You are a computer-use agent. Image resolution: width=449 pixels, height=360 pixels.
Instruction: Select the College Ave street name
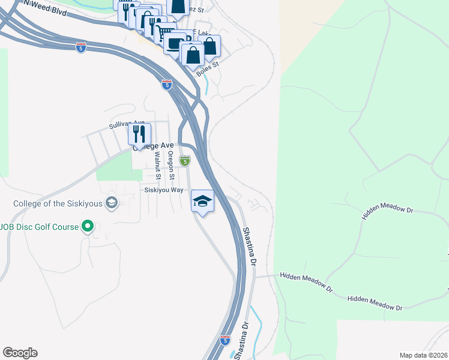click(154, 146)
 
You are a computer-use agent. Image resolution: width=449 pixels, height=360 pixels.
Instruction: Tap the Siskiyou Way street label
click(164, 190)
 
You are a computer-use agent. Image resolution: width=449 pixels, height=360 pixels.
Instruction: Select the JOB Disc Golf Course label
click(40, 227)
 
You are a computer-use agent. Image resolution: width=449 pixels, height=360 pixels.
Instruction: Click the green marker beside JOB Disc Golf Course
click(88, 227)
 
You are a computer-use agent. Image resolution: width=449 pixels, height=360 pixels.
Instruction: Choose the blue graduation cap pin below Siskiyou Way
click(202, 201)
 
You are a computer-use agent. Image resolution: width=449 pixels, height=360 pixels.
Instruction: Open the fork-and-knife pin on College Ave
click(139, 133)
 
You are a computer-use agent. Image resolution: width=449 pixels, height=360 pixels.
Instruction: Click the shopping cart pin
click(165, 31)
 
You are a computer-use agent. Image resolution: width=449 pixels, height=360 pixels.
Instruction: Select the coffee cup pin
click(175, 43)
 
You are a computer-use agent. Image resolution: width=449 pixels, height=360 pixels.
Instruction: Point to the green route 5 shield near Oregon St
click(185, 160)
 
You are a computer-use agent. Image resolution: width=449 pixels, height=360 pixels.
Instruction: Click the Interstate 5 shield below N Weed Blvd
click(81, 47)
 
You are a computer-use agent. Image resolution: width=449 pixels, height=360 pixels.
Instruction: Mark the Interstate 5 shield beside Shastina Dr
click(224, 340)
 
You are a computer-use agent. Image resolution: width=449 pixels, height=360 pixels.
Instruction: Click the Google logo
click(20, 353)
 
